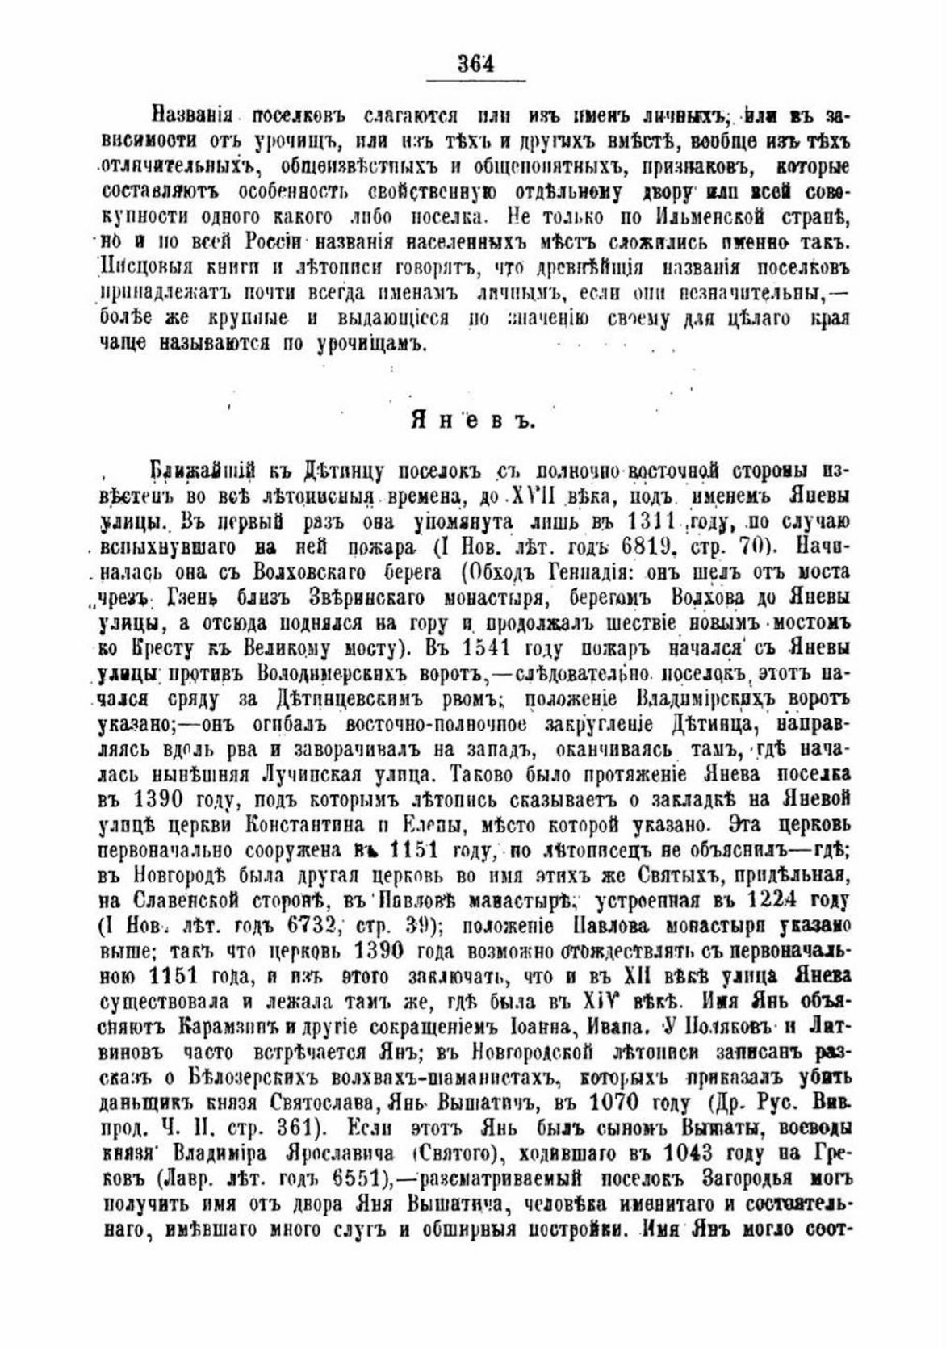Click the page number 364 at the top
[475, 63]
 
